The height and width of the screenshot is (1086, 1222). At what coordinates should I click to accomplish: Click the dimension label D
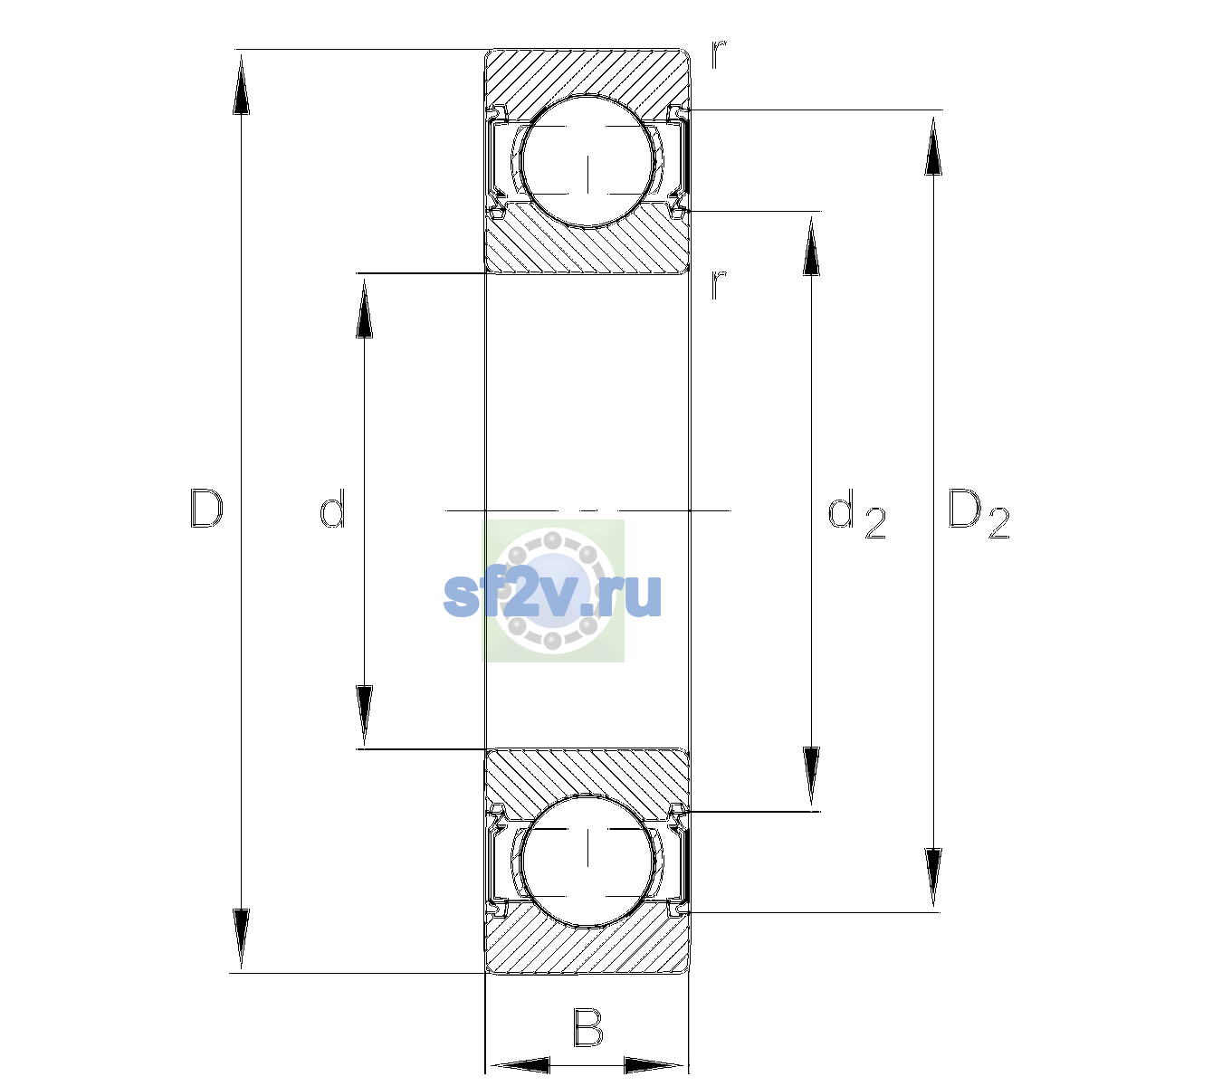coord(206,509)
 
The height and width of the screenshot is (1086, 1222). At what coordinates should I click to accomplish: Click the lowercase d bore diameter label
coord(332,509)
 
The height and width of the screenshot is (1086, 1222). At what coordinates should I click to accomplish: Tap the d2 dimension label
coord(856,513)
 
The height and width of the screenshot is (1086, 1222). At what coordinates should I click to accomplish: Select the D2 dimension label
coord(979,513)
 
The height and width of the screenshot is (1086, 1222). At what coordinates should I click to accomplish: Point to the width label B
coord(587,1028)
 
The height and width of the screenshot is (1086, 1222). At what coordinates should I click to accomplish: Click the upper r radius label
coord(719,54)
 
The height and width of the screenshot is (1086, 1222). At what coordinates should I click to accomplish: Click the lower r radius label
coord(719,285)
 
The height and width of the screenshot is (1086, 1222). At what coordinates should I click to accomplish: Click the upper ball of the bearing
coord(587,161)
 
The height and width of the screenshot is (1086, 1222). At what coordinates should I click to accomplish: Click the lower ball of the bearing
coord(587,861)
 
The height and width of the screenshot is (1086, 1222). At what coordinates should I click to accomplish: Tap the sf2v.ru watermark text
coord(552,595)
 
